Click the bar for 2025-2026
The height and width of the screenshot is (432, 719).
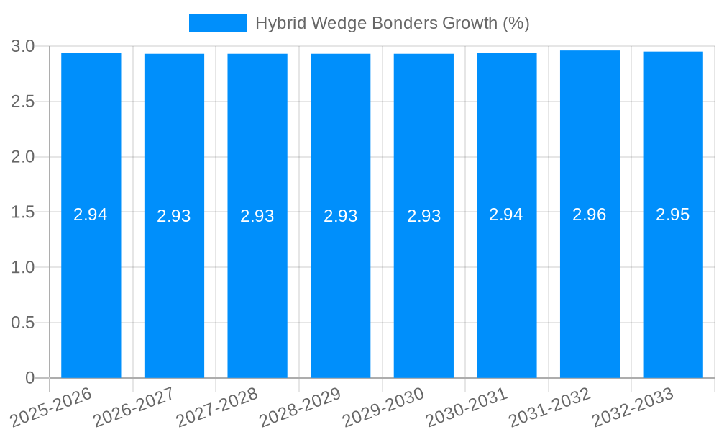pos(91,288)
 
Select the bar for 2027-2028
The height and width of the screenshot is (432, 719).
pos(257,288)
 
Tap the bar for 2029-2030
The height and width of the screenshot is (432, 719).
pos(423,288)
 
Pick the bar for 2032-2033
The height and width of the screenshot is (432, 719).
pos(673,288)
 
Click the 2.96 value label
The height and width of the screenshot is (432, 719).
pos(590,215)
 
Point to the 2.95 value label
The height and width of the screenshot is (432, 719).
pos(673,215)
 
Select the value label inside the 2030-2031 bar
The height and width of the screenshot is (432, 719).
pos(506,215)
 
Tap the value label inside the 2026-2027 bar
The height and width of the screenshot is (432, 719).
pos(174,216)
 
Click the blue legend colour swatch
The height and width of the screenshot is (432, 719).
pos(217,23)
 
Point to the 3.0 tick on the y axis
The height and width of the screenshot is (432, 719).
pos(23,46)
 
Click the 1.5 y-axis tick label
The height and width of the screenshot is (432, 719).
pos(23,212)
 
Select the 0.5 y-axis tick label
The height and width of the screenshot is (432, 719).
pos(23,323)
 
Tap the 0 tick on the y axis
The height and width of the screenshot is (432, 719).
pos(29,378)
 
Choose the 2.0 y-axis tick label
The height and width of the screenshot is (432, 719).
pos(23,157)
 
